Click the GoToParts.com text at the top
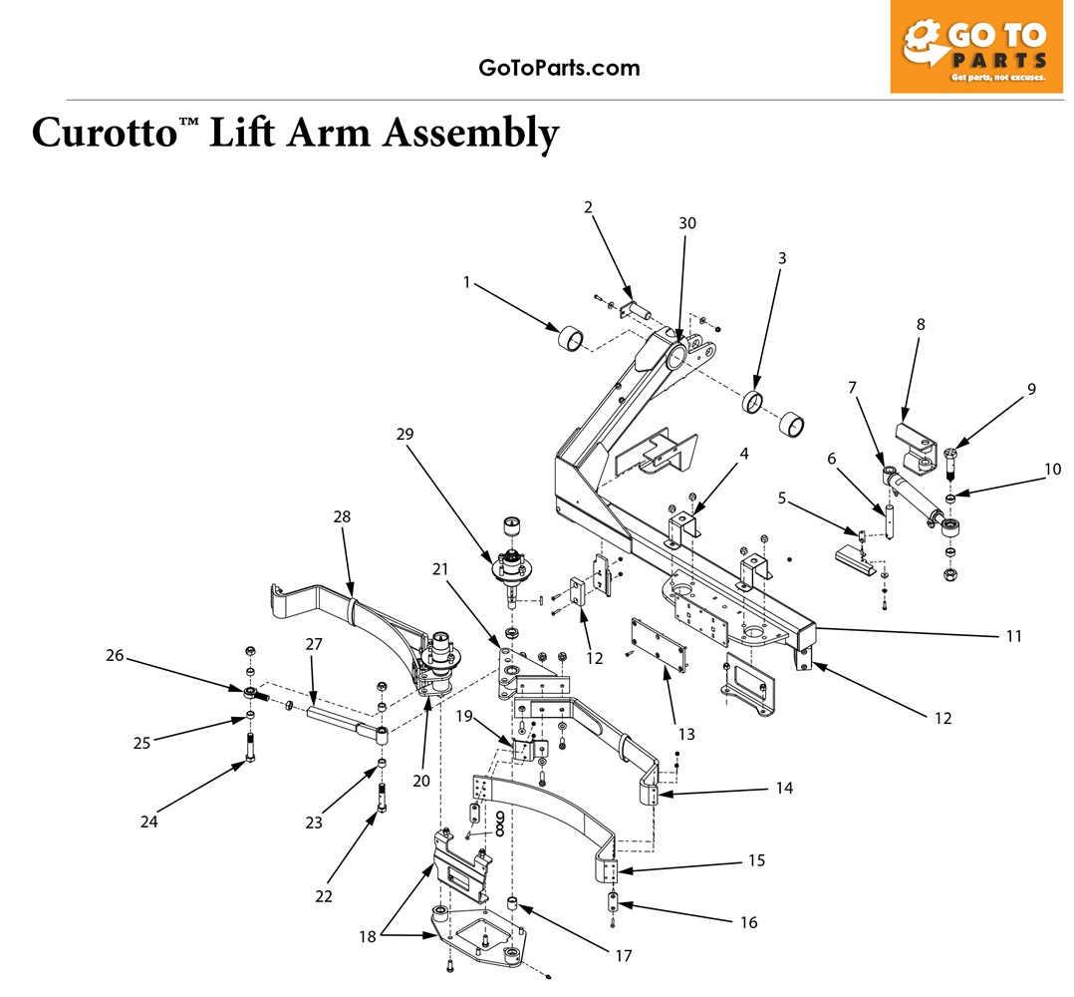pyautogui.click(x=559, y=68)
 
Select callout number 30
pyautogui.click(x=687, y=223)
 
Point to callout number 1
pyautogui.click(x=466, y=282)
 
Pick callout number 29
pyautogui.click(x=403, y=434)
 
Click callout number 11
pyautogui.click(x=1013, y=635)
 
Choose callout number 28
pyautogui.click(x=342, y=516)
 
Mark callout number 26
pyautogui.click(x=116, y=655)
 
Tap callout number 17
pyautogui.click(x=623, y=956)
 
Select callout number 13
pyautogui.click(x=685, y=734)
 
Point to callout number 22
pyautogui.click(x=324, y=896)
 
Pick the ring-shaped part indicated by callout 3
pyautogui.click(x=754, y=403)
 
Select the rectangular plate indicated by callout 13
pyautogui.click(x=657, y=646)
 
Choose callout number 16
pyautogui.click(x=748, y=922)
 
